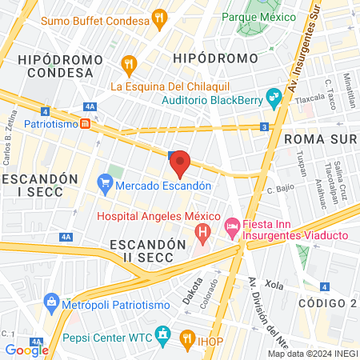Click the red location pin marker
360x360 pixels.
(x=181, y=163)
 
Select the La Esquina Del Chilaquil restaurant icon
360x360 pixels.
(x=128, y=63)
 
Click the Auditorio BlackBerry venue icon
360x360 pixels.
(x=274, y=97)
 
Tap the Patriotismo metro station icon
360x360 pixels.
(x=95, y=125)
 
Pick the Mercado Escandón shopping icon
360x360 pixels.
(x=106, y=185)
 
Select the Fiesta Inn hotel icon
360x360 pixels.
(x=233, y=227)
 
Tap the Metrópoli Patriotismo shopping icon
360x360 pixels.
(x=53, y=302)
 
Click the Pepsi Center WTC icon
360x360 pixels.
(x=163, y=333)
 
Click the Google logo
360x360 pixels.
(x=26, y=349)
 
